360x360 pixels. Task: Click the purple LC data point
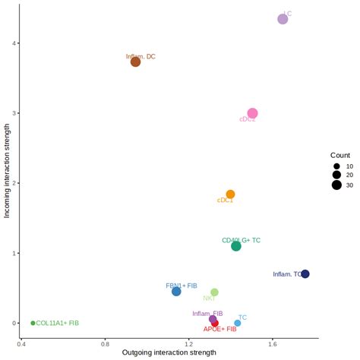point(283,19)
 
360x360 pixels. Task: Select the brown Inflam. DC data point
point(135,62)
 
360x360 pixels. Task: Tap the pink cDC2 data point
point(252,113)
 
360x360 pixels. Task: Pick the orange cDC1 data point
point(230,194)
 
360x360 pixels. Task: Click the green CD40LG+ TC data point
point(236,246)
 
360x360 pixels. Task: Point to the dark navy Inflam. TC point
point(305,274)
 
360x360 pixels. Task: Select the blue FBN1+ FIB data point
point(176,292)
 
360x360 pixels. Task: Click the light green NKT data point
point(214,292)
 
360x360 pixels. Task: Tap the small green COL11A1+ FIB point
point(33,323)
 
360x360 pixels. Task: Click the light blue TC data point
point(238,323)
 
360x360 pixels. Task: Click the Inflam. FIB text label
point(207,313)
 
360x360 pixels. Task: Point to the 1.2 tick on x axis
point(189,343)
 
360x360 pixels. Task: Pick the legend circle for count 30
point(336,185)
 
